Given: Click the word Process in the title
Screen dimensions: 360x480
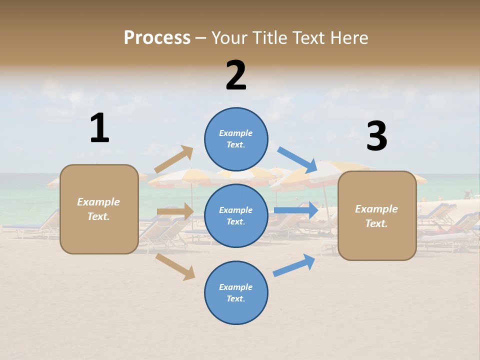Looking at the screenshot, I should tap(157, 37).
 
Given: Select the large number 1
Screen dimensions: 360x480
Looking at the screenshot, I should tap(99, 128).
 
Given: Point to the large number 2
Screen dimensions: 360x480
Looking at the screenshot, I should tap(236, 75).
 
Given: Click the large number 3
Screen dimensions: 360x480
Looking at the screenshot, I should tap(376, 136).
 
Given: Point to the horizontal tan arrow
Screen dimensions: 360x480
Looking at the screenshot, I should tap(175, 211).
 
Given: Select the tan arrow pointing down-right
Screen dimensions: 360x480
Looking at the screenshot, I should tap(175, 266).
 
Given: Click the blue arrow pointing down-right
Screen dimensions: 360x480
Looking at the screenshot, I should tap(297, 159).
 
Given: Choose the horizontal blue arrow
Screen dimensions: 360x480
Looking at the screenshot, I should tap(296, 210).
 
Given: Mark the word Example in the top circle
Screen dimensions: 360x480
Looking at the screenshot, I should tap(235, 133).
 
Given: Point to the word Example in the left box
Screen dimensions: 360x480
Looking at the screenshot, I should tap(98, 202).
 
